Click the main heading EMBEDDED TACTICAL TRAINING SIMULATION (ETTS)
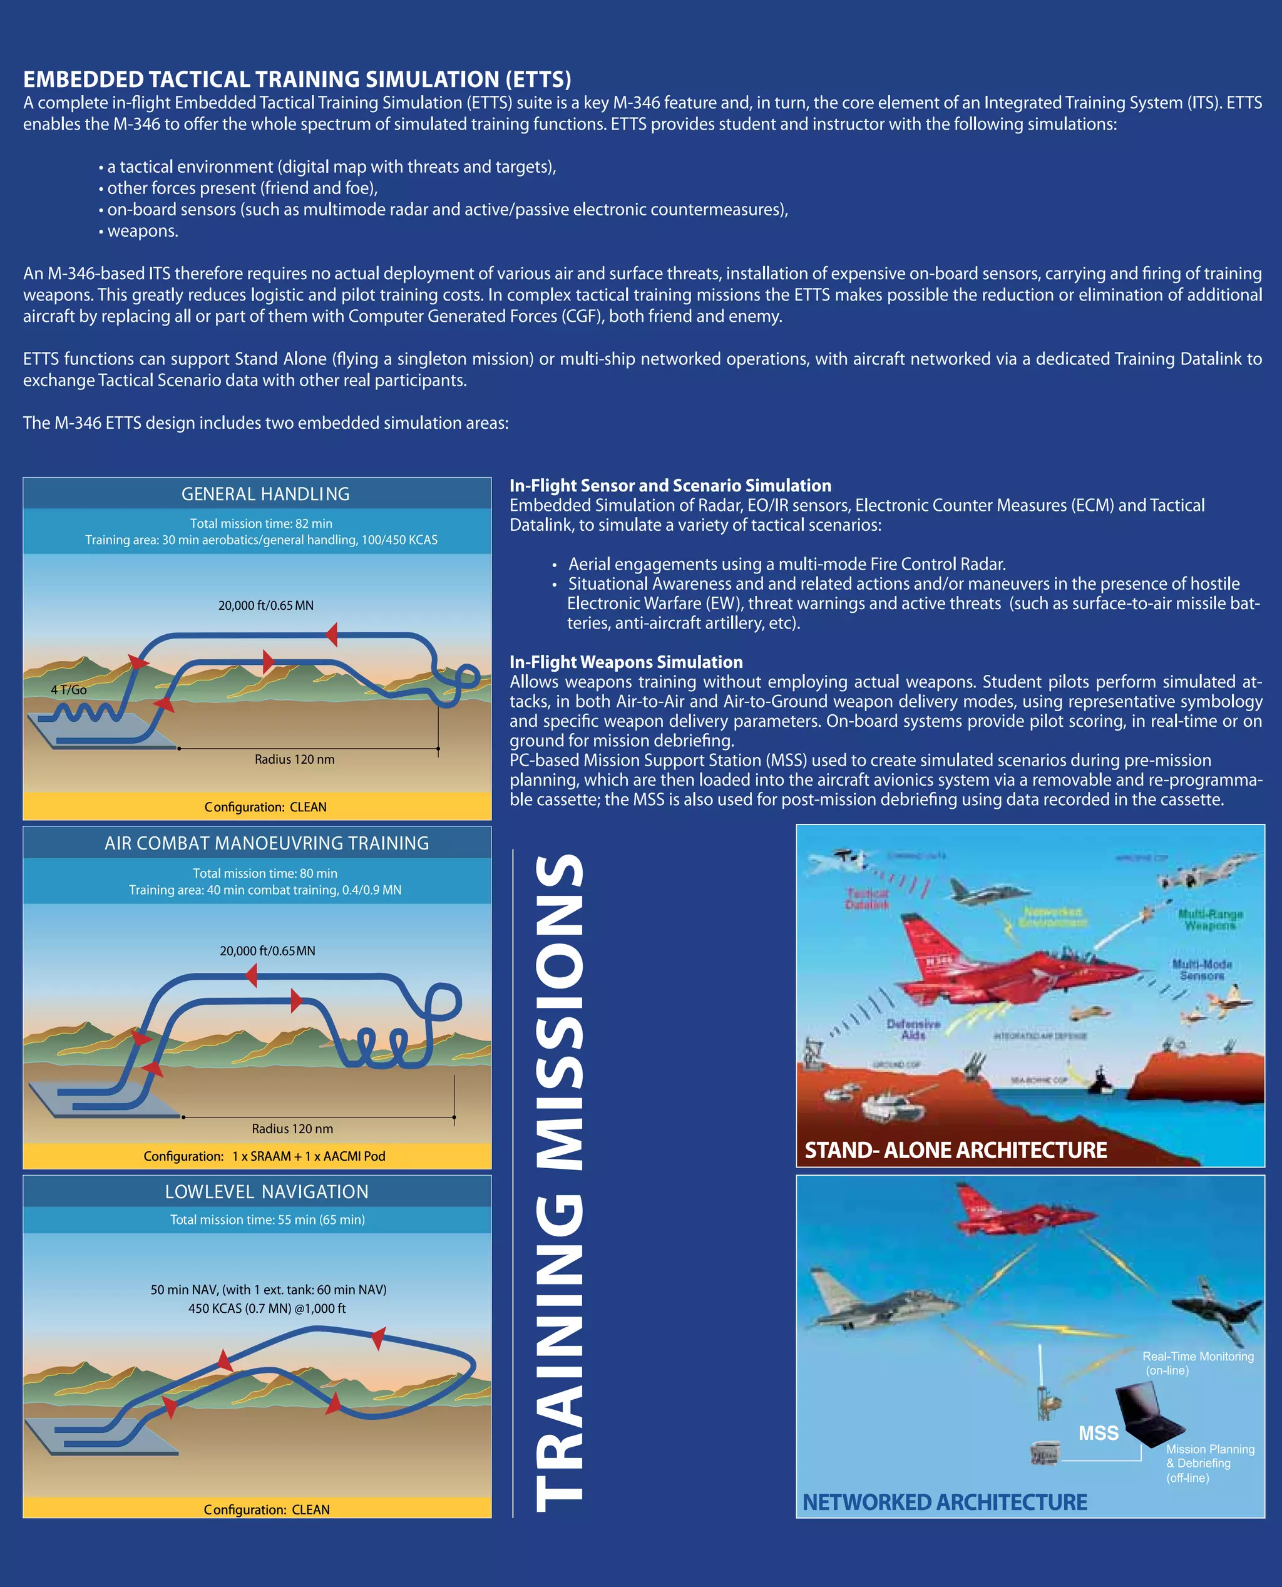(297, 79)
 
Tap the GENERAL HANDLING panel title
(265, 494)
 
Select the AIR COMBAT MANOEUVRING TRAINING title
(267, 843)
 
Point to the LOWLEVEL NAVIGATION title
(267, 1191)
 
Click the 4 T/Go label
(69, 690)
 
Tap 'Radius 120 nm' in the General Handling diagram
(295, 759)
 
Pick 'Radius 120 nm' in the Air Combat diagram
(292, 1128)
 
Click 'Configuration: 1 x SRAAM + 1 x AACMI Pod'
(264, 1156)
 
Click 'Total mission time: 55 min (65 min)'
(267, 1220)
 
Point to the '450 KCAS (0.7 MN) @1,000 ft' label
(267, 1308)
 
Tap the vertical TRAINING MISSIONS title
(559, 1181)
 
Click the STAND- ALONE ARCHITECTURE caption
(956, 1150)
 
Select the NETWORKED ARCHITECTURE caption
(945, 1501)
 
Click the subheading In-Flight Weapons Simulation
(626, 662)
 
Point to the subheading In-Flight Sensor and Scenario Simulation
(670, 485)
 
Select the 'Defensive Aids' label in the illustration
(913, 1029)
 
